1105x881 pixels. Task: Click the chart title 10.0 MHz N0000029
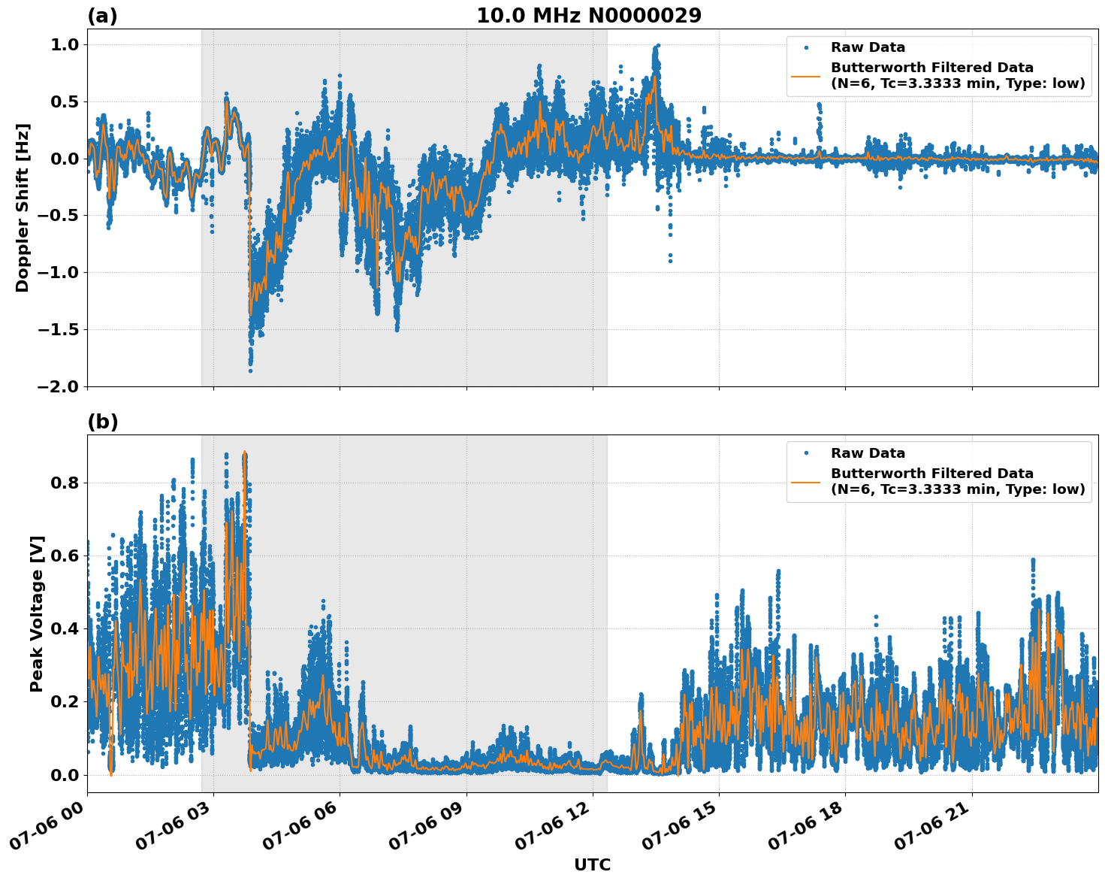click(588, 16)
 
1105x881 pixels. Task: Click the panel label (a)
click(102, 16)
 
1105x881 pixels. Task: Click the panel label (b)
click(102, 422)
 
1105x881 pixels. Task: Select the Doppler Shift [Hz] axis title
click(23, 207)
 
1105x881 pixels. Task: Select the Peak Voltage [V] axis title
click(37, 613)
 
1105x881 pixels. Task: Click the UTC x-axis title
click(592, 864)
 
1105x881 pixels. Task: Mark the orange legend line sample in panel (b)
click(806, 481)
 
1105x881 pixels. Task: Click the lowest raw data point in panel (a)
click(250, 371)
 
